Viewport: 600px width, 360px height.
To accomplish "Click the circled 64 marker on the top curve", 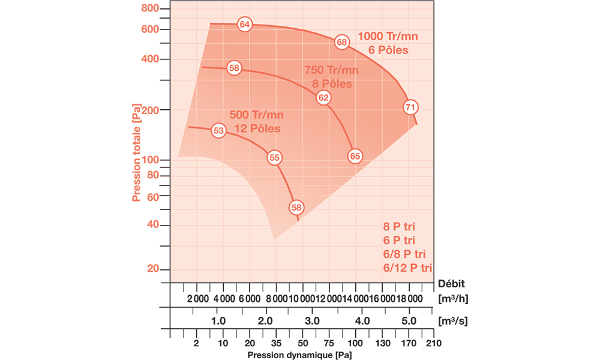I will (244, 25).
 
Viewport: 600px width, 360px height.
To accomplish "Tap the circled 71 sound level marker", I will (410, 107).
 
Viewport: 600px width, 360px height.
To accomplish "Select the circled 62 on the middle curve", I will (323, 98).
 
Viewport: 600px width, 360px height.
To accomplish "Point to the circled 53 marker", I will (219, 131).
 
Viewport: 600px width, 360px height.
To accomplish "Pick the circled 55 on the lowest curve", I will (275, 158).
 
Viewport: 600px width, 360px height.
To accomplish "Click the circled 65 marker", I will (355, 156).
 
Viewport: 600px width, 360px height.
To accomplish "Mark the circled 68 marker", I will (341, 43).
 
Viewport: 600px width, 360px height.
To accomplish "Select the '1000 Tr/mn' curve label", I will (388, 37).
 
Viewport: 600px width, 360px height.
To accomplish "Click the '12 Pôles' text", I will (257, 128).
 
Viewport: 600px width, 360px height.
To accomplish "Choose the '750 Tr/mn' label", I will (331, 70).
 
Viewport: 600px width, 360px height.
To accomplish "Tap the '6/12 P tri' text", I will (407, 267).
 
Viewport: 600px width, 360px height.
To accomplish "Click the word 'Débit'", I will (451, 283).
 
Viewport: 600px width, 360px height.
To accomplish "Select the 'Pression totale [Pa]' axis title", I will (137, 153).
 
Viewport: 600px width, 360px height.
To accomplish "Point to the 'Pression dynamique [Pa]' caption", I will (299, 355).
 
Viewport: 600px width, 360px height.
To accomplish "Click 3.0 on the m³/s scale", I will (312, 321).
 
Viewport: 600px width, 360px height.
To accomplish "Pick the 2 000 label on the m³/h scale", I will (197, 299).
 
